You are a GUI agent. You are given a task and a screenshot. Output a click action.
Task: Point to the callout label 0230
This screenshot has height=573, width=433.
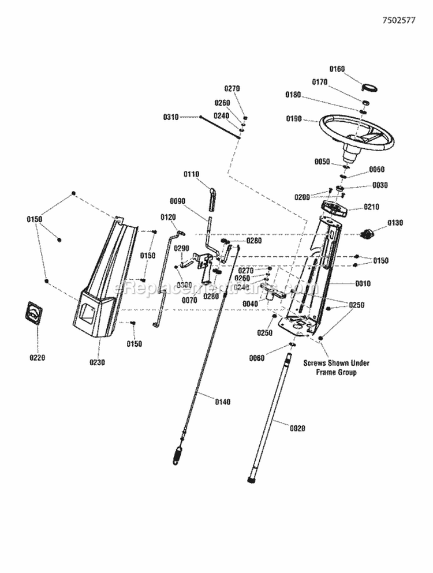[96, 363]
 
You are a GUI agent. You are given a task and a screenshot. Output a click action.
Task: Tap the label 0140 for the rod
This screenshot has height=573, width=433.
[222, 402]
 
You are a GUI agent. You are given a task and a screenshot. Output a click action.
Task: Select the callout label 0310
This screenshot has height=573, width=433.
[171, 117]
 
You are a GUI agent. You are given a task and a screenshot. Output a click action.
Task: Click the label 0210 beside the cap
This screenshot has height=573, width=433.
[371, 207]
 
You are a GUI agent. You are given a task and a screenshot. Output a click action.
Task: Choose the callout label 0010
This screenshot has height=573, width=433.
[363, 284]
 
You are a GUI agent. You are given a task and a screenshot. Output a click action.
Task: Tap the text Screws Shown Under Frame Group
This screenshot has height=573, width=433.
[337, 368]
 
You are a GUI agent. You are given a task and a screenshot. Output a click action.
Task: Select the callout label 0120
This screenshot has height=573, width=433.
[167, 217]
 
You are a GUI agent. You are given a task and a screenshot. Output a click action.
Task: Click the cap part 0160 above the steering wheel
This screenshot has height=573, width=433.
[369, 86]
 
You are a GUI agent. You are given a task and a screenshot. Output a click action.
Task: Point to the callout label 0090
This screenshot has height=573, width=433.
[178, 201]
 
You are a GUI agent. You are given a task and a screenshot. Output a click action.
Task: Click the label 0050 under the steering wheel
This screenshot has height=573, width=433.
[322, 162]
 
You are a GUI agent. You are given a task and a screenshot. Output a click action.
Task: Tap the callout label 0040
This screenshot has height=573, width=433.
[250, 304]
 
